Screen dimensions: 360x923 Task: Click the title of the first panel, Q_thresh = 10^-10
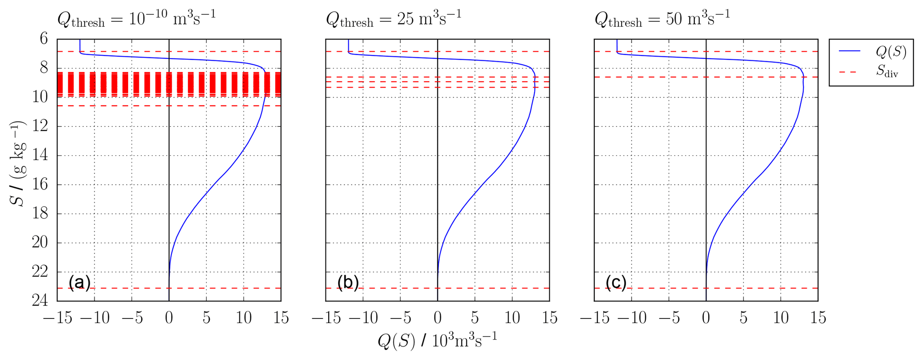coord(136,19)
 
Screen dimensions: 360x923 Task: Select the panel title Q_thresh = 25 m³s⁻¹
coord(393,19)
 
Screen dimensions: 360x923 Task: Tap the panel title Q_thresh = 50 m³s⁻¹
coord(662,19)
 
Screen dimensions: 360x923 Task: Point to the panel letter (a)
coord(79,283)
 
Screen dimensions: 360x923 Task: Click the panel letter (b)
coord(348,283)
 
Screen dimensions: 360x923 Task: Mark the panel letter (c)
coord(616,283)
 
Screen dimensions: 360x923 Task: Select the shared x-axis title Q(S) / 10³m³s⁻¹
coord(437,341)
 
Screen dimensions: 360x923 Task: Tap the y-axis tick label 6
coord(44,39)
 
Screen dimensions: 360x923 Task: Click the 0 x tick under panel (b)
coord(438,318)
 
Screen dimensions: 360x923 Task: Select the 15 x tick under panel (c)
coord(818,318)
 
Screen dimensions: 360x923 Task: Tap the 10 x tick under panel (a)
coord(243,318)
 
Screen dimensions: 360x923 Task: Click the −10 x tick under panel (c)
coord(631,318)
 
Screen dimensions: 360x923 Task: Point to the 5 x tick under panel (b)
coord(475,318)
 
